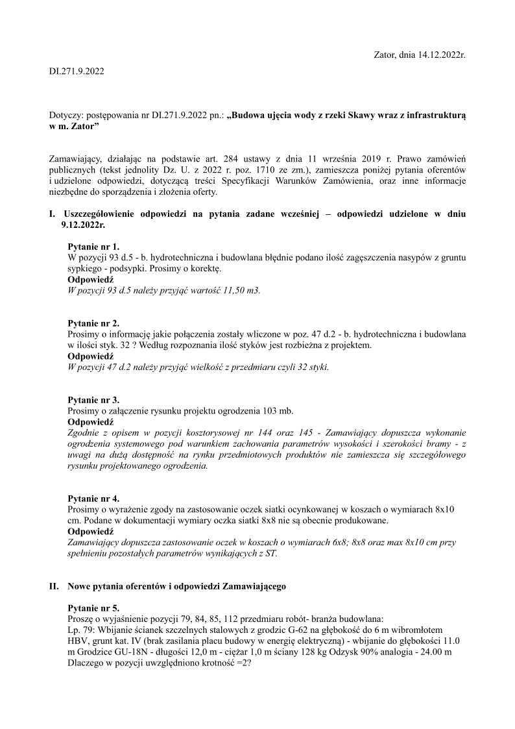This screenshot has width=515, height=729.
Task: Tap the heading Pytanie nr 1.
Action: pyautogui.click(x=93, y=247)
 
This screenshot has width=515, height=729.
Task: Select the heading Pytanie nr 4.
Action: pyautogui.click(x=93, y=499)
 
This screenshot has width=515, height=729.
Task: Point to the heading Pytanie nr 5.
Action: pyautogui.click(x=93, y=608)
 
